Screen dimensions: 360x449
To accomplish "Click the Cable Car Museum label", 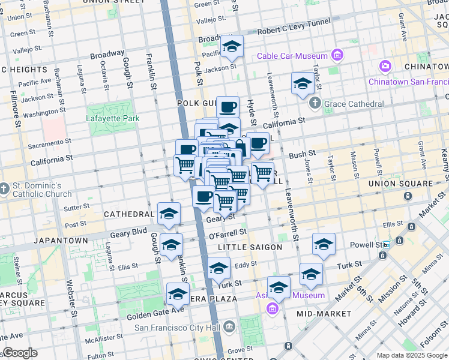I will tap(292, 56).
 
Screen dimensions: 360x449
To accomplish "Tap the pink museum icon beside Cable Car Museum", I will tap(337, 56).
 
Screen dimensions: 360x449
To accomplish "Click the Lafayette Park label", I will tap(113, 118).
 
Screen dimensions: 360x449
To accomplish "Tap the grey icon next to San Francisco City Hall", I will tap(228, 328).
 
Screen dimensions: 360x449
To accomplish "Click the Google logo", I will tap(20, 353).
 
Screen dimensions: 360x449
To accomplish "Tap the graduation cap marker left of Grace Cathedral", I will tap(303, 83).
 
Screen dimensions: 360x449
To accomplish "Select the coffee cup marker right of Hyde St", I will tap(258, 143).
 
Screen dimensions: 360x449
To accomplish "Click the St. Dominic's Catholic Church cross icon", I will tap(5, 188).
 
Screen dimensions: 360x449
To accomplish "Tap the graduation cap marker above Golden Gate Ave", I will tap(178, 294).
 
